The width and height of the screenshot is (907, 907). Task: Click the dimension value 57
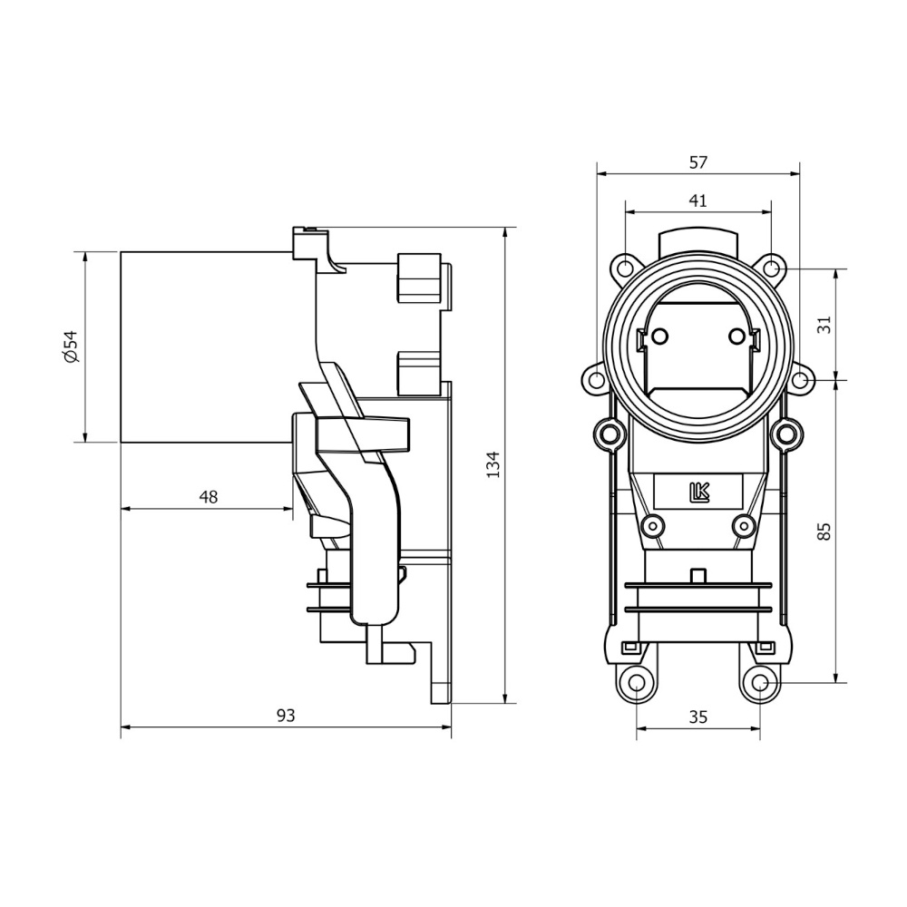[x=697, y=163]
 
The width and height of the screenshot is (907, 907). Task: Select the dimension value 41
[x=697, y=201]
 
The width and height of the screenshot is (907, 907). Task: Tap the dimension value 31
[x=824, y=324]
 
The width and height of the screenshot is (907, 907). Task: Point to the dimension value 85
[x=824, y=531]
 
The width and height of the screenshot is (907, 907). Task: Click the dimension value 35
[x=697, y=717]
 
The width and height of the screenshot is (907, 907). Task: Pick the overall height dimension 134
[x=493, y=464]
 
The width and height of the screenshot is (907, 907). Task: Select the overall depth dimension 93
[x=286, y=716]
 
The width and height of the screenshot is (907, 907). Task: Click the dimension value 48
[x=208, y=497]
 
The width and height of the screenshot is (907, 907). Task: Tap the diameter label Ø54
[x=72, y=346]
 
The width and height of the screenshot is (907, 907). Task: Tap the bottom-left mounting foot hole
[x=637, y=682]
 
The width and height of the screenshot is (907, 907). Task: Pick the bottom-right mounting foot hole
[x=760, y=682]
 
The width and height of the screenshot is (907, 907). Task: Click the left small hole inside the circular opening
[x=659, y=336]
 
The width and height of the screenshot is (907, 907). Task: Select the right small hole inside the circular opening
[x=736, y=336]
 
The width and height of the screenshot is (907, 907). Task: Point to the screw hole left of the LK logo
[x=651, y=525]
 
